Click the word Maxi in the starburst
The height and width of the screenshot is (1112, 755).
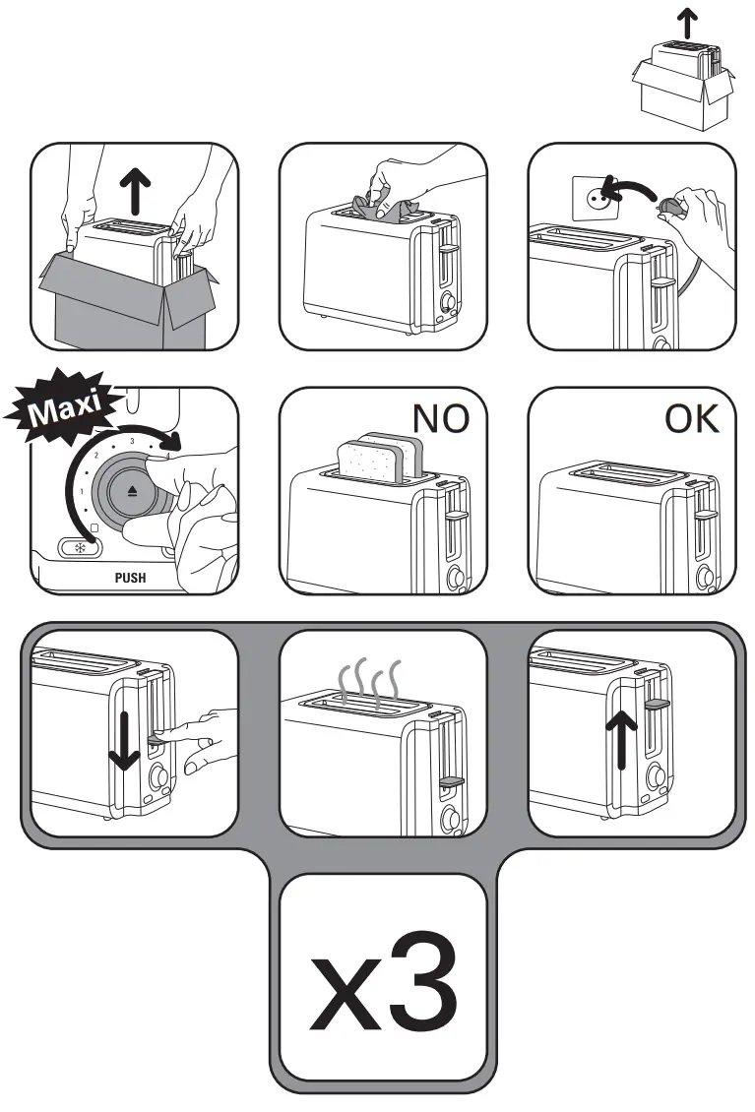pos(69,407)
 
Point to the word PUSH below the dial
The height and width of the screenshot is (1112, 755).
pos(130,578)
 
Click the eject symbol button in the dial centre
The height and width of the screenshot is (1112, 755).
pos(133,490)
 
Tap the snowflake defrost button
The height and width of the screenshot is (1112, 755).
pos(75,549)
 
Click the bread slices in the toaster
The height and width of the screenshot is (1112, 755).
pos(379,458)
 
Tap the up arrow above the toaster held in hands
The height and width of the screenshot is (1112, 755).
pos(134,184)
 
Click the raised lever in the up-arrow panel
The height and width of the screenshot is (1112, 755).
pos(657,705)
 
